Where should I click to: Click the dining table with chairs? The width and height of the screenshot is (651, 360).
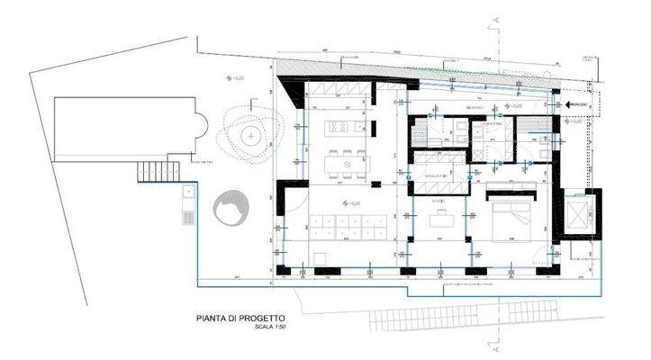pyautogui.click(x=346, y=162)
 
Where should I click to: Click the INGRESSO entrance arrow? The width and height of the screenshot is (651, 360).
pyautogui.click(x=576, y=106)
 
